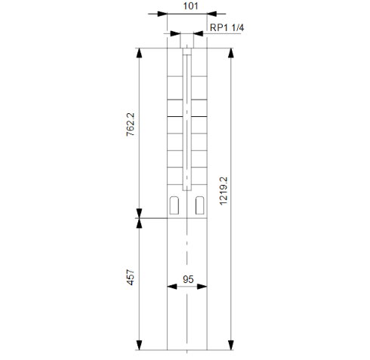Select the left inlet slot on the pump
coord(175,205)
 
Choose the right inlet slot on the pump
coord(200,205)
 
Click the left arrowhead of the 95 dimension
coord(170,288)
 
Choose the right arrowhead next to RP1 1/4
coord(200,34)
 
